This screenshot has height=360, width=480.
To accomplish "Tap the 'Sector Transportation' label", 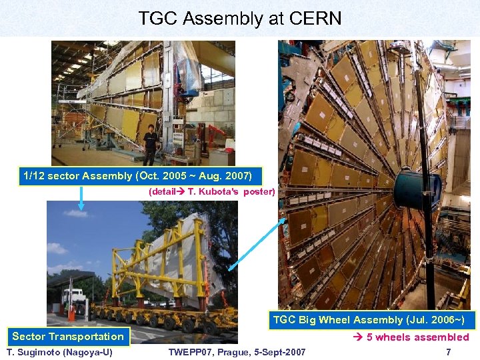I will tap(68, 337).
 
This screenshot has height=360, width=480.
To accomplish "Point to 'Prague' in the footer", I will tap(230, 352).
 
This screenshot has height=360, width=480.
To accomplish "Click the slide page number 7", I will tap(448, 352).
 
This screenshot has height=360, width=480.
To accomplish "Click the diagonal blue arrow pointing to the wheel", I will tap(257, 243).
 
